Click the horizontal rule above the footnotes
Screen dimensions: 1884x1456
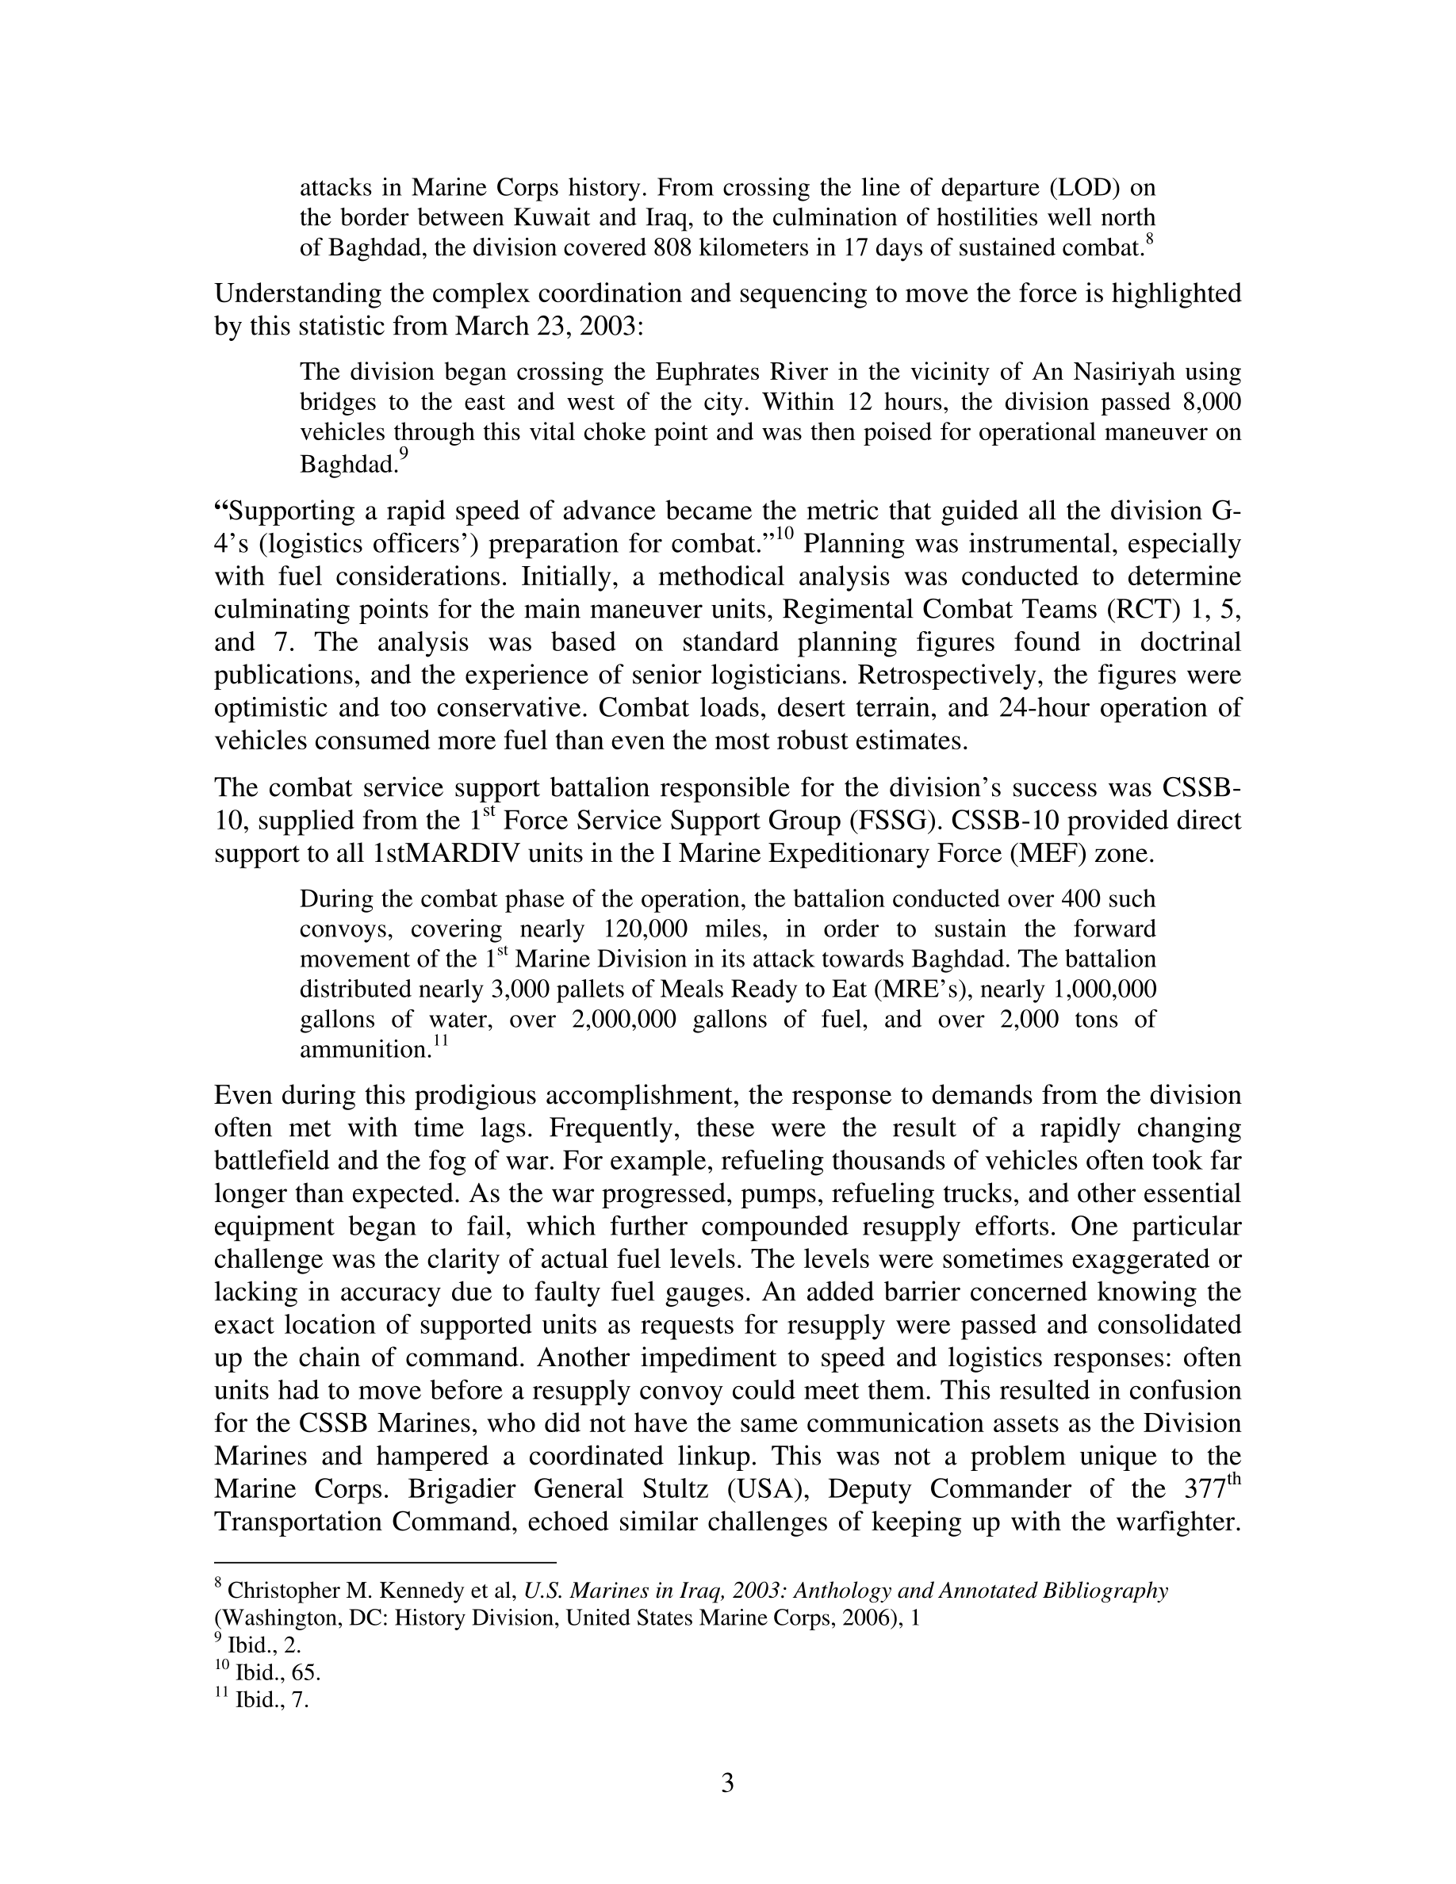click(x=385, y=1562)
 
